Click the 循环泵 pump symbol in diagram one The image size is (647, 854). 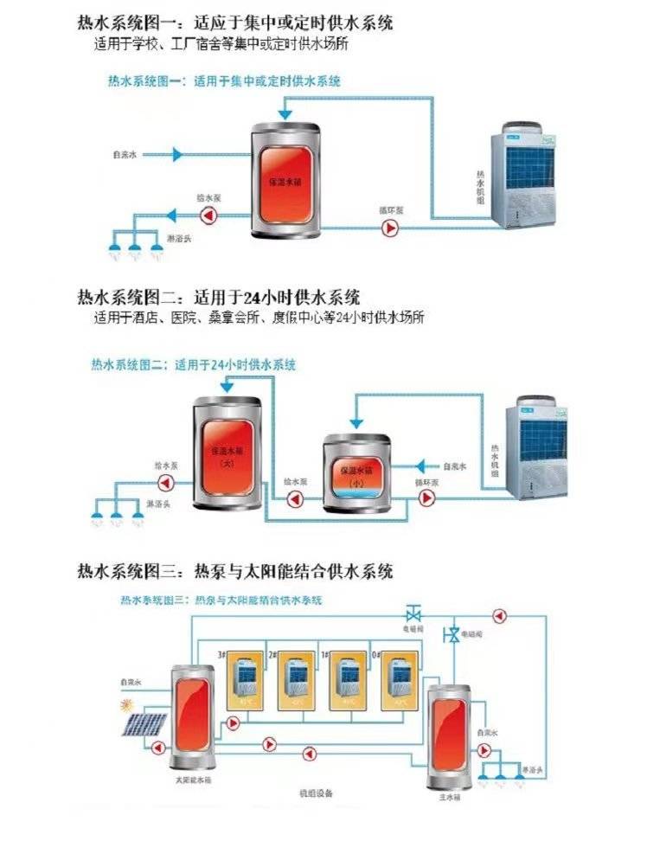(390, 228)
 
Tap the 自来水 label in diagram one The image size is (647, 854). (125, 156)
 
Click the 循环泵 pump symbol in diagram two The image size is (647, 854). (426, 498)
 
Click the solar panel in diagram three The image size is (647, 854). (143, 722)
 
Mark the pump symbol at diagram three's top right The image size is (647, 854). (498, 615)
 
